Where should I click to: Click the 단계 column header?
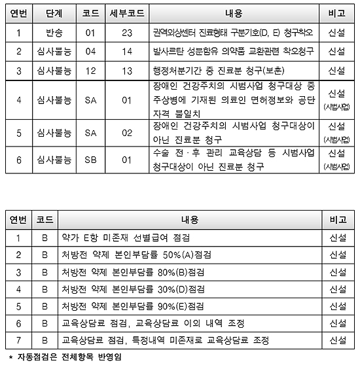click(55, 12)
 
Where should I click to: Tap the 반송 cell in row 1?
click(55, 31)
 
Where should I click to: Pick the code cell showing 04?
click(91, 50)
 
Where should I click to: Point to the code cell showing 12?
click(91, 70)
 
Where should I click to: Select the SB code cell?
click(91, 159)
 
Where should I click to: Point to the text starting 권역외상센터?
click(232, 31)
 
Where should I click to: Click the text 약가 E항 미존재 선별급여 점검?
click(125, 237)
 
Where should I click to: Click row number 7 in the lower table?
click(18, 340)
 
